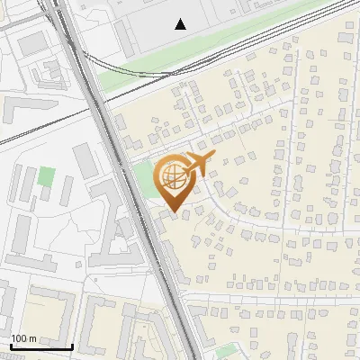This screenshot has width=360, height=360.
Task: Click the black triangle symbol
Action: click(181, 24)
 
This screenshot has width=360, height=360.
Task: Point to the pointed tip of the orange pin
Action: click(172, 213)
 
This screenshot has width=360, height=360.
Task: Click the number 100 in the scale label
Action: click(20, 338)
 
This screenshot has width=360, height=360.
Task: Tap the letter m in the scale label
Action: click(32, 338)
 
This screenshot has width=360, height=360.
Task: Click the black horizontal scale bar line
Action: click(41, 346)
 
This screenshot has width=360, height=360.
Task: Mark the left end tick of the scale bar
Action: click(11, 346)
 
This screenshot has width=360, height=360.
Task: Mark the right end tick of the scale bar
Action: click(72, 346)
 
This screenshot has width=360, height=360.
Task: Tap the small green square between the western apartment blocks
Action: click(47, 177)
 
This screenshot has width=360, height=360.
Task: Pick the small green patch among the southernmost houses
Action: click(228, 350)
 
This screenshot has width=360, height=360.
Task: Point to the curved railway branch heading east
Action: click(225, 45)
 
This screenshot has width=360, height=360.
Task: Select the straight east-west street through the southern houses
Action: click(270, 297)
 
